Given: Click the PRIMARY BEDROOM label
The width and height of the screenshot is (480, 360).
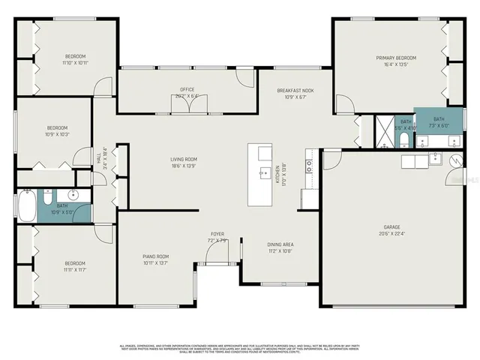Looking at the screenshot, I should pos(396,58).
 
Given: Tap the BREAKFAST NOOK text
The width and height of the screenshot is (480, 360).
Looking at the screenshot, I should pos(295,90).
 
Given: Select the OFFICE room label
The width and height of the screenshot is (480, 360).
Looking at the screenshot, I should pos(187,90).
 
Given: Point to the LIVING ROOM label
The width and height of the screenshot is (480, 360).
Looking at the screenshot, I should pos(183,159).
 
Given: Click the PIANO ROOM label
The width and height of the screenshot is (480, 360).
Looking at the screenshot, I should pos(156,256).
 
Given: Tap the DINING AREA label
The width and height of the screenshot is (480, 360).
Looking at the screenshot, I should pos(280,244).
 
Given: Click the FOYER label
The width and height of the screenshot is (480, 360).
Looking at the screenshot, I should pos(217,234).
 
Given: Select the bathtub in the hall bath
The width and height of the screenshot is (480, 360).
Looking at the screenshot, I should pos(26,205).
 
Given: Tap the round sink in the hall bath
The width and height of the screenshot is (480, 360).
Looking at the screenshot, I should pos(82,197).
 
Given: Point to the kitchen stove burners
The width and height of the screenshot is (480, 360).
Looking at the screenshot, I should pos(308,166).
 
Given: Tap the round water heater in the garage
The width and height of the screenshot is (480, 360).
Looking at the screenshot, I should pos(455,159).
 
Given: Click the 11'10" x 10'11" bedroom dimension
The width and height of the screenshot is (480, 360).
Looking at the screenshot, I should pos(75,63).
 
